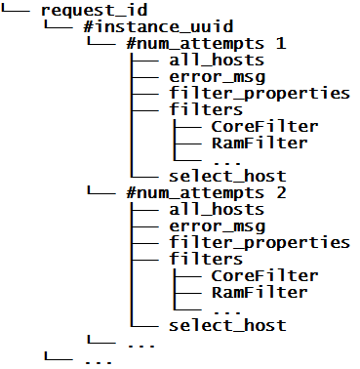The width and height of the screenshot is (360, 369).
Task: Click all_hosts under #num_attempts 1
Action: point(217,61)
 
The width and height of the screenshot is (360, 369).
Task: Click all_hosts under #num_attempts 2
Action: point(217,209)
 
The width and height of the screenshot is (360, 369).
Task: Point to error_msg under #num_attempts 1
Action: point(217,76)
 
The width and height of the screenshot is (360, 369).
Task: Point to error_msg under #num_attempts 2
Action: point(217,225)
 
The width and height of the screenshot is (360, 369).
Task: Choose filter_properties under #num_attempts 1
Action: point(259,93)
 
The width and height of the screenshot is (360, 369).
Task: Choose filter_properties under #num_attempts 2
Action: point(259,242)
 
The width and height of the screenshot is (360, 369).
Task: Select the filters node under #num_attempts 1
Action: point(205,110)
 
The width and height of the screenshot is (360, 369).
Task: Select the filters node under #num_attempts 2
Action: point(205,259)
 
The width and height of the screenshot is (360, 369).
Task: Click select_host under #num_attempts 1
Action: point(226,176)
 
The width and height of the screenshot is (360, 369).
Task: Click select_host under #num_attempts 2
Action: point(226,325)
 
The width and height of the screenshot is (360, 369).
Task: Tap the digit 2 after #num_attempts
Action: point(281,192)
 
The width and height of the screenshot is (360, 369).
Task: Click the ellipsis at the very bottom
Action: point(99,360)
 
